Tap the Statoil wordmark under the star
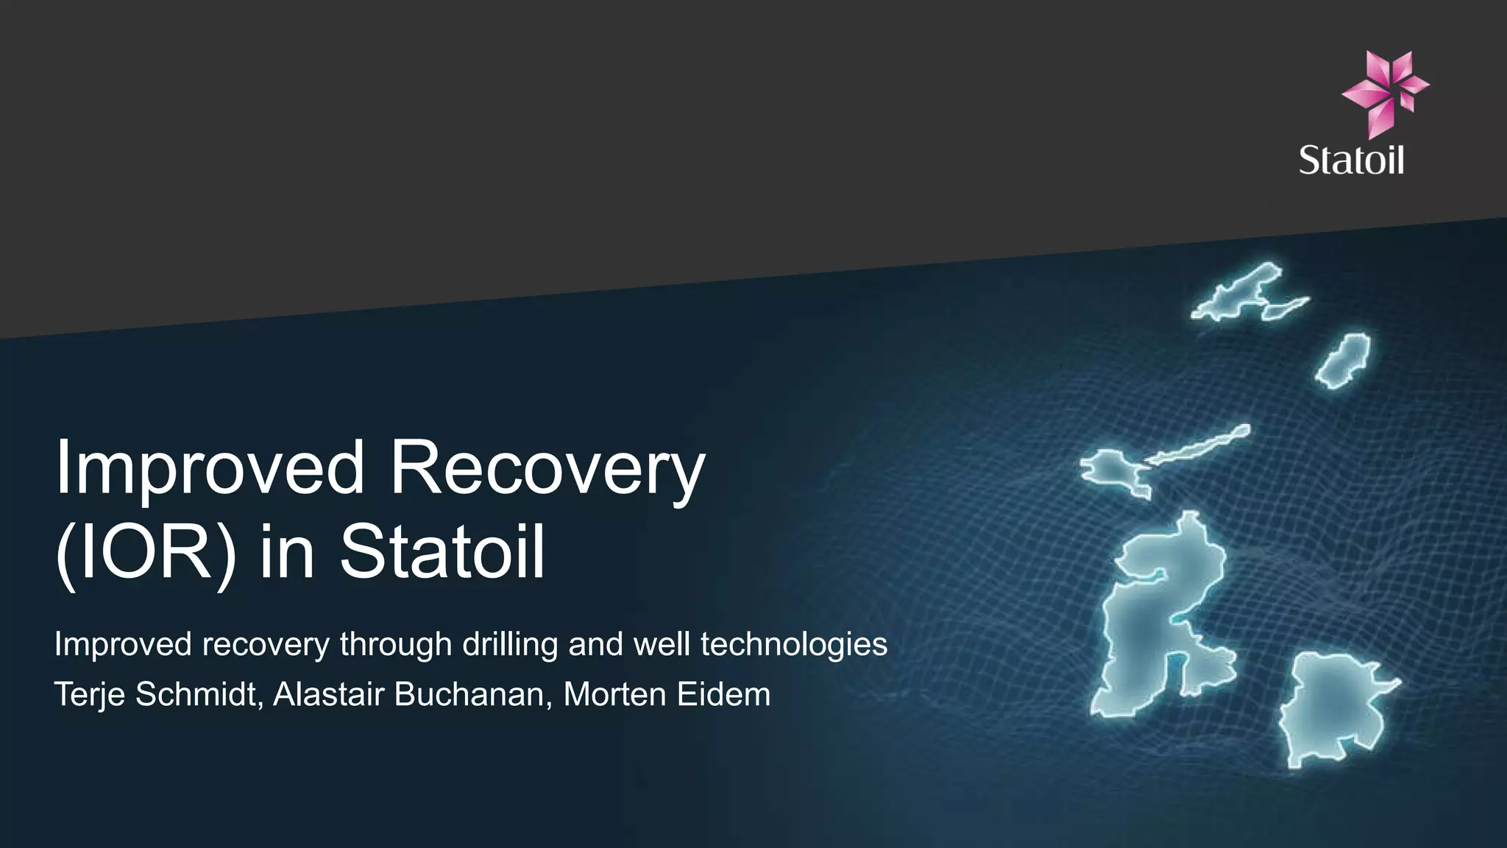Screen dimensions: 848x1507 1351,160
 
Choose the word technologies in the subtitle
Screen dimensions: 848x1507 794,645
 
